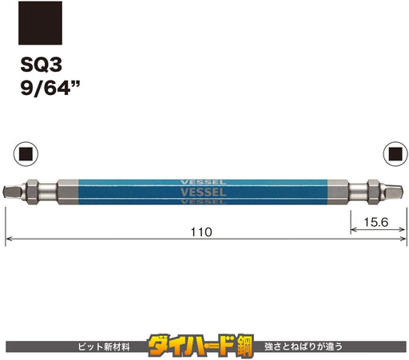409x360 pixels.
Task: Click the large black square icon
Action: tap(40, 23)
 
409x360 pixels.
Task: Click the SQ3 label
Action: tap(42, 65)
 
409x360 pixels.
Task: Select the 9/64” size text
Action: tap(50, 88)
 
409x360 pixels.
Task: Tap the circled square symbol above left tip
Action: tap(26, 154)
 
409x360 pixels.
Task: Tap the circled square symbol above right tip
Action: tap(395, 154)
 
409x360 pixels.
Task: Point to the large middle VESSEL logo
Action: tap(204, 192)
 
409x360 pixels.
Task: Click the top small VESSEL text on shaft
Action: tap(204, 183)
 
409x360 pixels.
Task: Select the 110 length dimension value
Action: tap(201, 232)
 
